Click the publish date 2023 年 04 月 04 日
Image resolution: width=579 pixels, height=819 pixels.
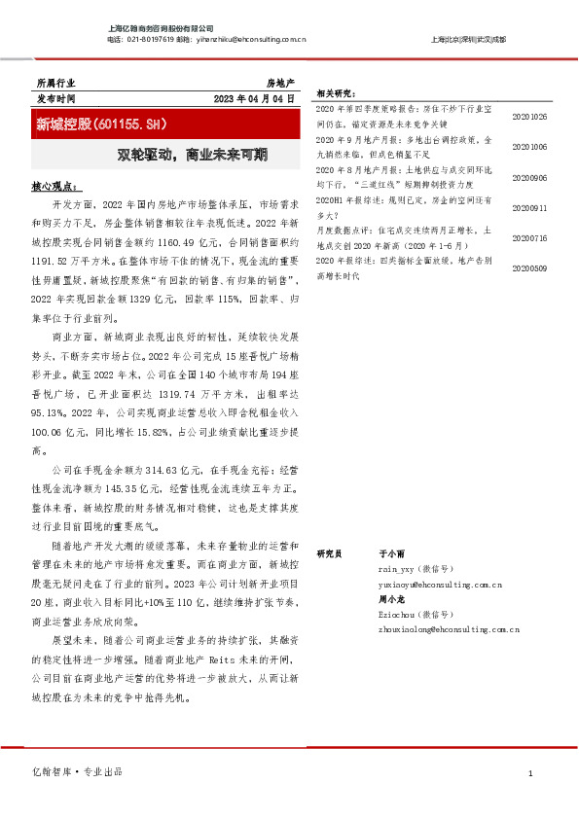click(252, 100)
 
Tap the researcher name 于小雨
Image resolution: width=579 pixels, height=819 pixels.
click(390, 552)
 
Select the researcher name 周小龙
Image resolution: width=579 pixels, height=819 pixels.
click(390, 599)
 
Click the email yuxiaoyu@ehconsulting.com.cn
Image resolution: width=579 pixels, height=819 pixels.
click(440, 585)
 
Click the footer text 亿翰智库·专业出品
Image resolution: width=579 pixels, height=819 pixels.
click(78, 772)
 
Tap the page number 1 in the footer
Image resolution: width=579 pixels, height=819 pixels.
click(530, 773)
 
